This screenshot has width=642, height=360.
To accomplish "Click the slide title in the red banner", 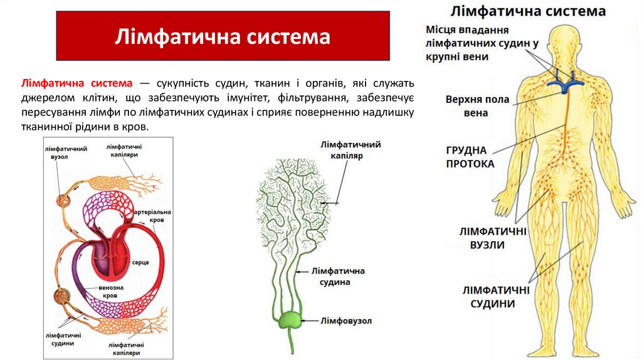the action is coord(222,36).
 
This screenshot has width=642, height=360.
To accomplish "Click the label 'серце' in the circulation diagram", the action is coord(140,262).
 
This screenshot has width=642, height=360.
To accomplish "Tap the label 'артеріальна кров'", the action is coord(152,217).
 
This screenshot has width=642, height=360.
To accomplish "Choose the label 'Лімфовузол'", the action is coord(346,320).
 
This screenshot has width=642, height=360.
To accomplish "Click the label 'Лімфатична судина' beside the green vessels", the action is coord(342,277).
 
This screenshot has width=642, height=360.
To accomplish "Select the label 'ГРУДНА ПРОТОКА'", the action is coord(470,157).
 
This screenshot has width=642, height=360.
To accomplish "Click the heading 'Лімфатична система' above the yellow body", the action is coord(527,11).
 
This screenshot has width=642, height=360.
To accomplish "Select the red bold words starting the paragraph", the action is coord(77,83).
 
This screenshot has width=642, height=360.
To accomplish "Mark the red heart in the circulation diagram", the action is coord(109,254).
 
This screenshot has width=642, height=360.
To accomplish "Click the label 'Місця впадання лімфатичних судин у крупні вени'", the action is coord(474,43).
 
